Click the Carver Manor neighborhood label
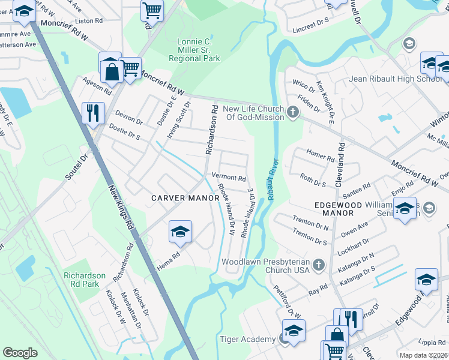click(x=179, y=198)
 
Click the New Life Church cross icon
click(x=292, y=112)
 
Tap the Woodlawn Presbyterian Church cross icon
click(x=319, y=265)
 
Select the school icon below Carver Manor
click(x=180, y=232)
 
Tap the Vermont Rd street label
click(x=229, y=178)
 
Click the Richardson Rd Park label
click(x=85, y=280)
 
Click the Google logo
click(x=20, y=353)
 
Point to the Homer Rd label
click(x=320, y=157)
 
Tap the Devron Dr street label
click(x=129, y=119)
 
